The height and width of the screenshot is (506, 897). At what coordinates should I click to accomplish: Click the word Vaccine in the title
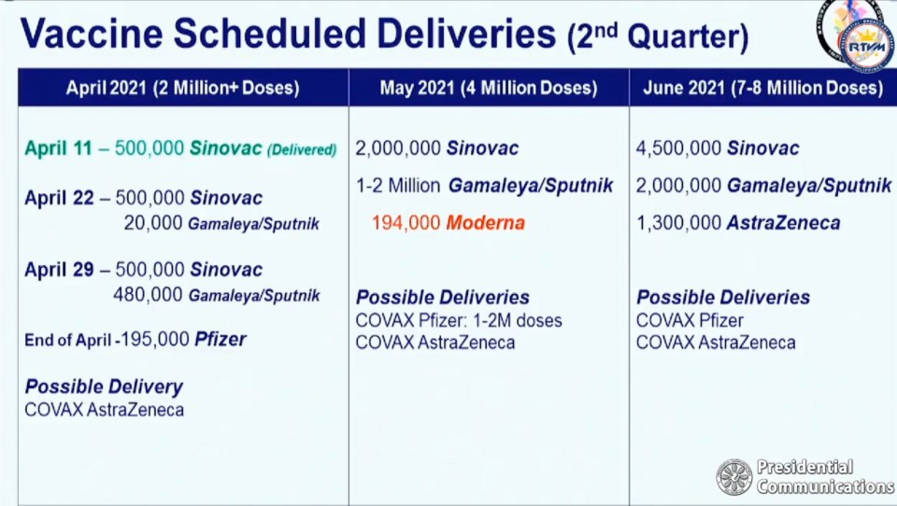(92, 34)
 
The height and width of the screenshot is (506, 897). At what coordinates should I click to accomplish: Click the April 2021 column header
(183, 88)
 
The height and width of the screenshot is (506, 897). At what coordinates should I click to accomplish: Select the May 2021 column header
(489, 88)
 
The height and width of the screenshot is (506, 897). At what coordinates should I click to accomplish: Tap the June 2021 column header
(763, 88)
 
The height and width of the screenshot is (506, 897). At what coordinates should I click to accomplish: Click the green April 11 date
(58, 148)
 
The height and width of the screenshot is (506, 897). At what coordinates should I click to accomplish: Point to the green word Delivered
(302, 149)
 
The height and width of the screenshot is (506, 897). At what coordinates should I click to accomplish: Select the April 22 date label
(59, 199)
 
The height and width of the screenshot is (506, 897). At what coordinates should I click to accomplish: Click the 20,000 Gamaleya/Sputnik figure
(221, 223)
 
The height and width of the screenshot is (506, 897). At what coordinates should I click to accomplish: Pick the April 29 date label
(59, 270)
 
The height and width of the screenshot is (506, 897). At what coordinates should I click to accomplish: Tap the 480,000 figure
(148, 294)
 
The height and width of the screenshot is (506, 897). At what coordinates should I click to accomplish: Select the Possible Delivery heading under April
(104, 387)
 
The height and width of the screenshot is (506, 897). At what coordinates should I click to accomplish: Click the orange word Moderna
(485, 223)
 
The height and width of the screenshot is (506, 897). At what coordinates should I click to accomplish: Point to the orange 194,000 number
(406, 223)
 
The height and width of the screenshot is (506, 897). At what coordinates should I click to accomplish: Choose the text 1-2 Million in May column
(398, 185)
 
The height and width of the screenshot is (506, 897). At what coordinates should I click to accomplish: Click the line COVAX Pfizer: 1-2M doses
(459, 320)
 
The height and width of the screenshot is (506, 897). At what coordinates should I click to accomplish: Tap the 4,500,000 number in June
(678, 148)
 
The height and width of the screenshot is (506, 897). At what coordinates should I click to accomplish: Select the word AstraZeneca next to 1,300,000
(783, 223)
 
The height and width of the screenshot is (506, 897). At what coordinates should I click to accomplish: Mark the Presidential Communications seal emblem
(734, 477)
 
